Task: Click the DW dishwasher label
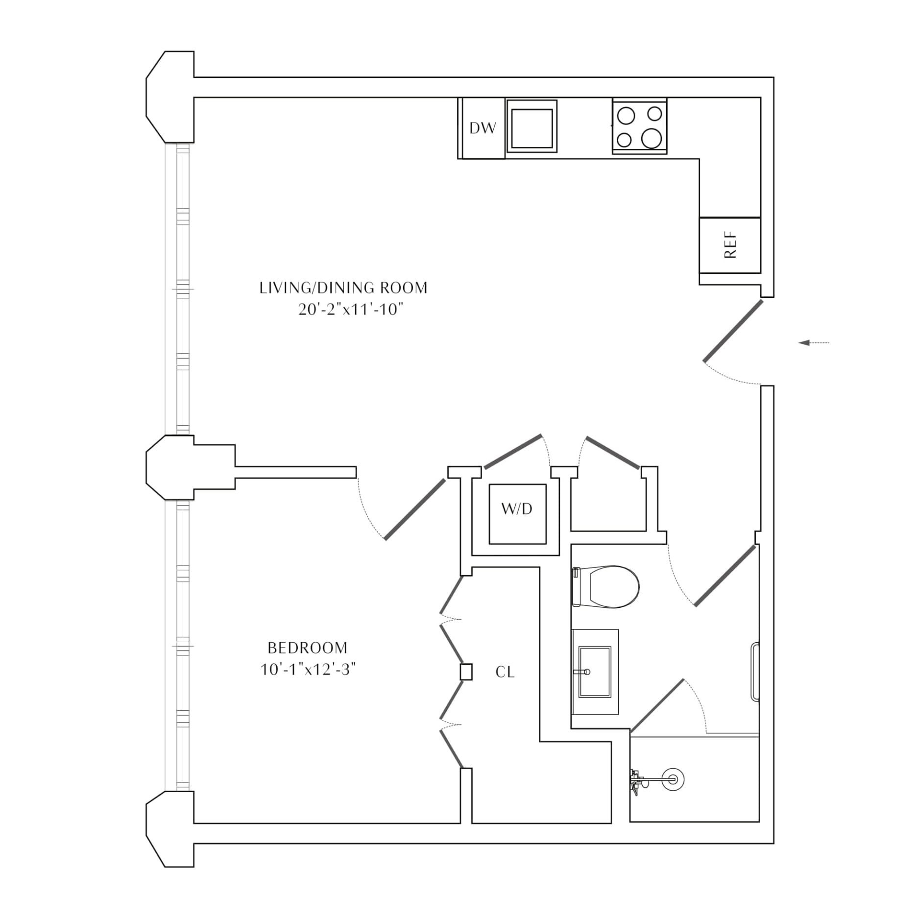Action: [x=483, y=128]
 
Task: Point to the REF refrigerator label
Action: [x=730, y=245]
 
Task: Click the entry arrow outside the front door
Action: [x=814, y=343]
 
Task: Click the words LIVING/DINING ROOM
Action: [x=343, y=288]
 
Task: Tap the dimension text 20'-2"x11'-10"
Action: [x=350, y=310]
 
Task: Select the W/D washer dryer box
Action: [x=517, y=514]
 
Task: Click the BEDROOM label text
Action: [x=308, y=648]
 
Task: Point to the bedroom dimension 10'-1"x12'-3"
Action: [x=308, y=670]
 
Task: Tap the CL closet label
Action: [x=505, y=672]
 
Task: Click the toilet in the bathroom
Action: [x=606, y=587]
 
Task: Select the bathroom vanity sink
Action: [x=595, y=672]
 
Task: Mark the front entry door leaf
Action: [x=733, y=331]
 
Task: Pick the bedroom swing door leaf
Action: [x=415, y=509]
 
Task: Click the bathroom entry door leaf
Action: [x=725, y=576]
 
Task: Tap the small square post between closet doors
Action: [x=466, y=672]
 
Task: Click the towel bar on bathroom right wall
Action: [x=755, y=671]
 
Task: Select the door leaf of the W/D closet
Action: [x=513, y=451]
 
